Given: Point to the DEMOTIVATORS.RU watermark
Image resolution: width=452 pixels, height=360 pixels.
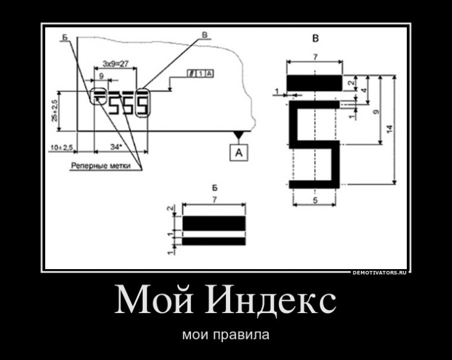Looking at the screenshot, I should pos(379,273).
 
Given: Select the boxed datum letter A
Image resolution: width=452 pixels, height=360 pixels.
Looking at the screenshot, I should pos(239,153).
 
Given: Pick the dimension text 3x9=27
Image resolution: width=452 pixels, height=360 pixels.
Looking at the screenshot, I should pos(114,63).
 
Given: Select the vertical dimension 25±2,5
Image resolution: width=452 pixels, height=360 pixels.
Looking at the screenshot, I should pos(55,111).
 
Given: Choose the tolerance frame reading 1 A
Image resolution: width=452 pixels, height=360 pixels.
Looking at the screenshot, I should pos(201,74).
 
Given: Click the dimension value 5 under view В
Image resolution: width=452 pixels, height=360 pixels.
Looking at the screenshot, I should pos(316,201).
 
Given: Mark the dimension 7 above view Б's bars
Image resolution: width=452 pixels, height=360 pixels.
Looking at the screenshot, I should pos(214,199).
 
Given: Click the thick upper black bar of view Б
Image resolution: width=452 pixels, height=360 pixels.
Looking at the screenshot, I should pos(214,223).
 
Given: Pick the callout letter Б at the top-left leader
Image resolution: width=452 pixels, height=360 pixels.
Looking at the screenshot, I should pos(64,37).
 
